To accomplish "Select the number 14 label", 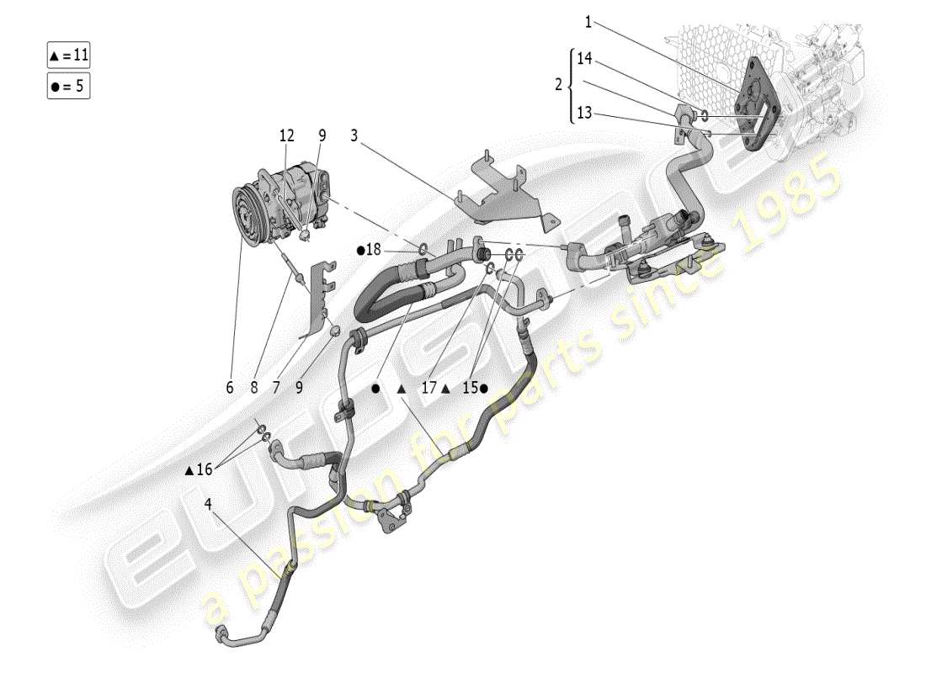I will click(585, 59).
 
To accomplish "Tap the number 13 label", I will click(585, 114).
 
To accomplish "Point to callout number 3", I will click(354, 135).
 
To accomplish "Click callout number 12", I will click(288, 135).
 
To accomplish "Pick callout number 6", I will click(229, 388).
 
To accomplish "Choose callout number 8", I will click(254, 388).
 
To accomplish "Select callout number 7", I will click(275, 388).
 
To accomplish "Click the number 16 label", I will click(205, 469).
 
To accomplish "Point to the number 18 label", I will click(373, 250).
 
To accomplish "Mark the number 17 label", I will click(429, 388).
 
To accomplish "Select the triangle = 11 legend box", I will click(68, 56).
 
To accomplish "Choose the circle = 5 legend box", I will click(68, 87).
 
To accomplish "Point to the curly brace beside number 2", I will click(572, 86).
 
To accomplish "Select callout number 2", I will click(557, 86).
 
